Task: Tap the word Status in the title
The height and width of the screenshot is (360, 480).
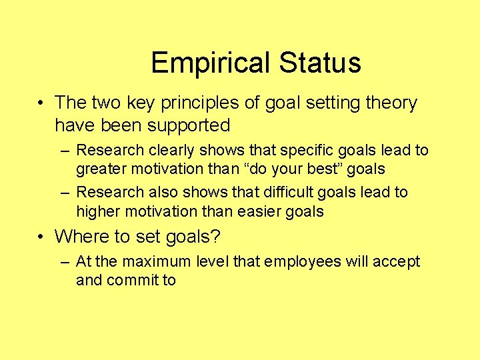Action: [320, 63]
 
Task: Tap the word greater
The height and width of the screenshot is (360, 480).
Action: [100, 169]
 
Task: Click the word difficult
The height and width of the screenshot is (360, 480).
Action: [279, 192]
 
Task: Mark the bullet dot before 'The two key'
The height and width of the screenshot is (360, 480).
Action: [42, 104]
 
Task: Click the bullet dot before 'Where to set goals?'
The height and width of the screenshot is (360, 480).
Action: [42, 237]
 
